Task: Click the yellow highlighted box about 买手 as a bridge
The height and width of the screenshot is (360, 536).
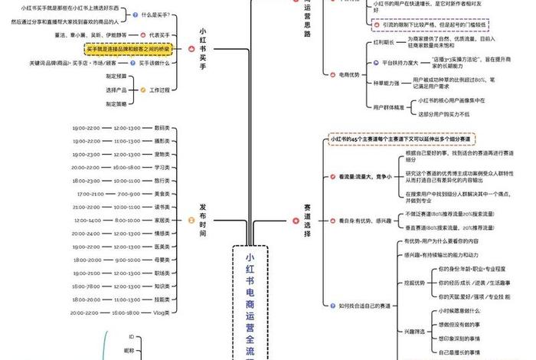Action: point(129,48)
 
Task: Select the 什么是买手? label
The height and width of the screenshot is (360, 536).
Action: point(154,15)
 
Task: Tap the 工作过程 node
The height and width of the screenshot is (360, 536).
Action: point(159,90)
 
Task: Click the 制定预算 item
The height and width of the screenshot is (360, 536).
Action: point(116,76)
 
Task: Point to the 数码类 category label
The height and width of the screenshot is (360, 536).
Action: point(162,128)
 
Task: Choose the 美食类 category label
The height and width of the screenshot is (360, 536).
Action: point(162,194)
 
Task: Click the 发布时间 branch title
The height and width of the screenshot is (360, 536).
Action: point(203,221)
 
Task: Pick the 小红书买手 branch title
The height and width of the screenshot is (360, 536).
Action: point(203,51)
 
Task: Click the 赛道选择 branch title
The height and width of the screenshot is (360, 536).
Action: point(307,222)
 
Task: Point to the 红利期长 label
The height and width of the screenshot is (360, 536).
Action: point(384,43)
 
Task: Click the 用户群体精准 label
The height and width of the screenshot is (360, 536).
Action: point(388,107)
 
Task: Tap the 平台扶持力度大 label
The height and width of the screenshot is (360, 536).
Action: point(394,62)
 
